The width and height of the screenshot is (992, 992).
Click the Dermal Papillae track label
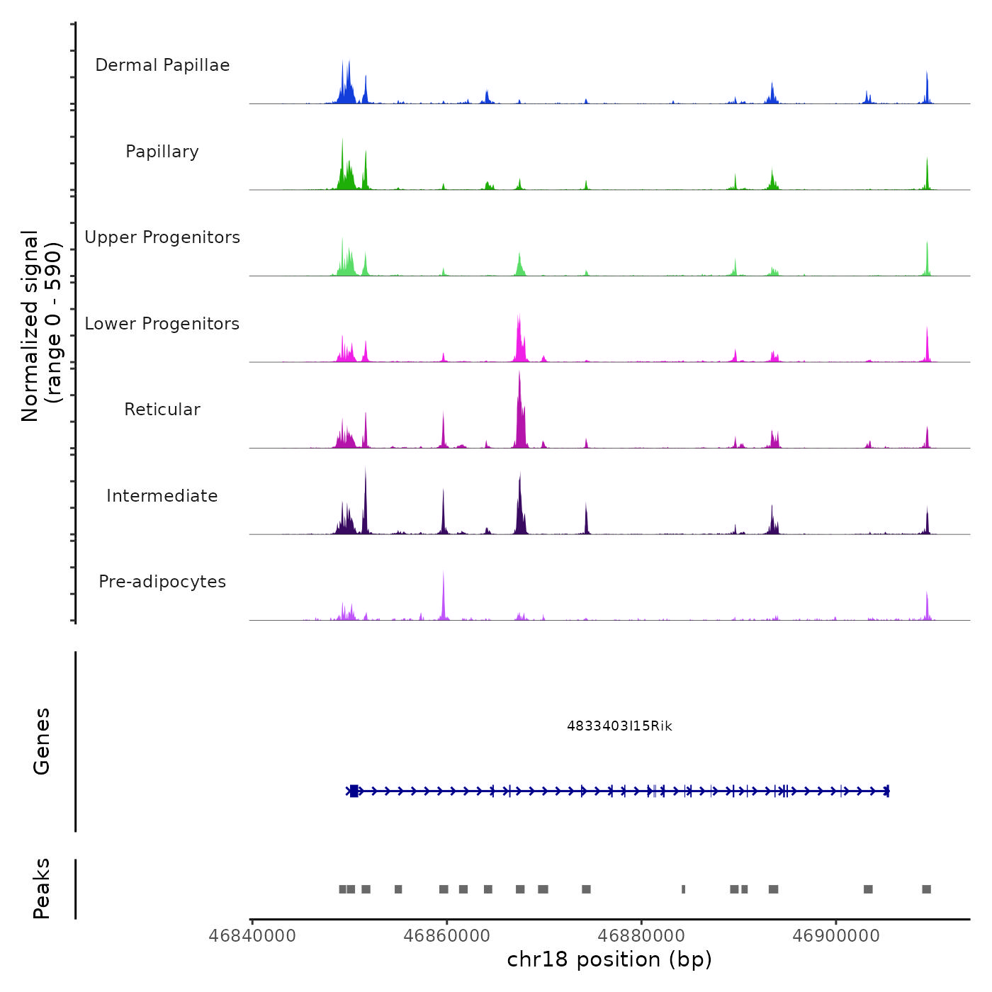[162, 65]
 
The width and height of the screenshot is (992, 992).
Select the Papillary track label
[162, 152]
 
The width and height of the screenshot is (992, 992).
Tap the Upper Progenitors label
[162, 237]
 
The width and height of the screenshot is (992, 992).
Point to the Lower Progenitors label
[162, 324]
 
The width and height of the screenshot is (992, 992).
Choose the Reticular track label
[162, 410]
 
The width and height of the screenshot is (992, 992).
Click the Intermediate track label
[162, 496]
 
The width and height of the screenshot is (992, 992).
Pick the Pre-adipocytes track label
[162, 582]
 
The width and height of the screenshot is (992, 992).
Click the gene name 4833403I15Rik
[619, 726]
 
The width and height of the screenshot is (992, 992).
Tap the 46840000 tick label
[252, 936]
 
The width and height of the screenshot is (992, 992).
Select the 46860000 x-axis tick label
[446, 936]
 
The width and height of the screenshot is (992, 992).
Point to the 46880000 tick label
[641, 936]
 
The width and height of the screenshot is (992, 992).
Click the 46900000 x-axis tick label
[836, 936]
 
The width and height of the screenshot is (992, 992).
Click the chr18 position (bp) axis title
[609, 959]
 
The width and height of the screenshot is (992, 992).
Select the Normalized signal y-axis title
[41, 326]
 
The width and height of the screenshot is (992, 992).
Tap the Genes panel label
[41, 741]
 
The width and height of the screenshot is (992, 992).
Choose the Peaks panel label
[41, 889]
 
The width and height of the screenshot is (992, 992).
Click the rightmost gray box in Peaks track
[926, 889]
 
